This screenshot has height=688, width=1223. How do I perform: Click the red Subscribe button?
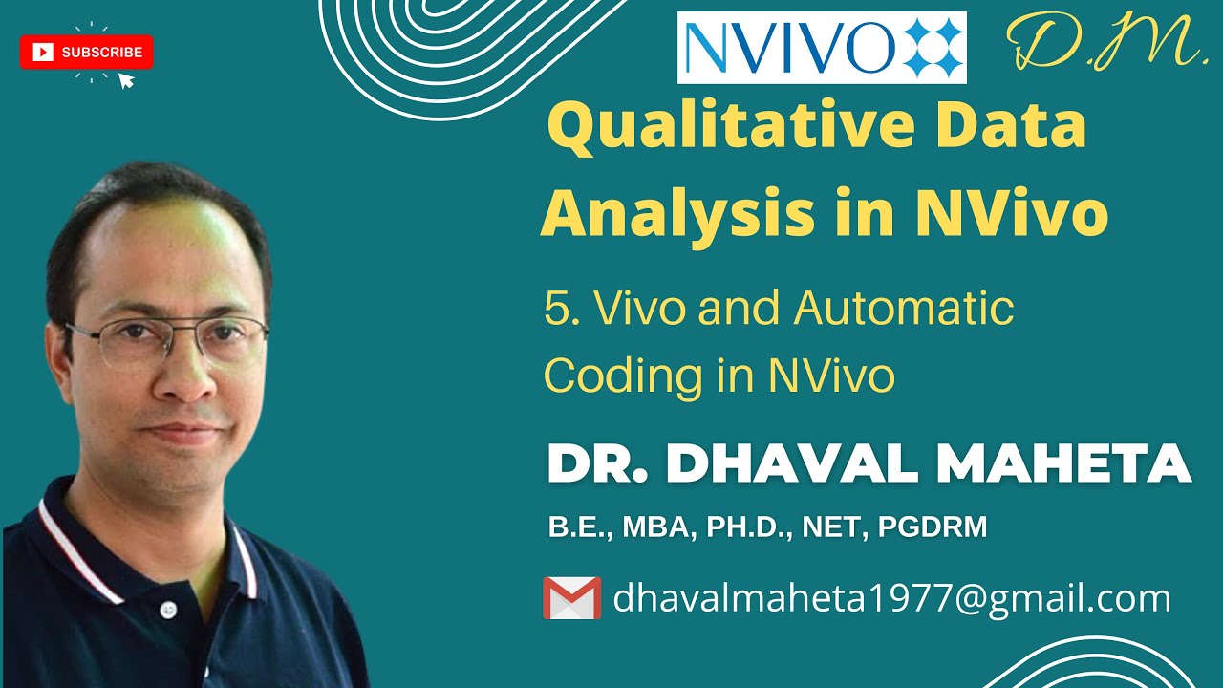[86, 53]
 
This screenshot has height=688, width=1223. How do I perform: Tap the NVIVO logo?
[822, 47]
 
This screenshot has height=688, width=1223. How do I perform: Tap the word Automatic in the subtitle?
[903, 309]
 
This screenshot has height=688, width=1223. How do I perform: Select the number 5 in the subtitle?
[556, 310]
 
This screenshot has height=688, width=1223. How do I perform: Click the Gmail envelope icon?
[571, 598]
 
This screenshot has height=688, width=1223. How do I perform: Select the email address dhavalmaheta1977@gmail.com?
[891, 598]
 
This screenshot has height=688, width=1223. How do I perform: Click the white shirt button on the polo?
[169, 609]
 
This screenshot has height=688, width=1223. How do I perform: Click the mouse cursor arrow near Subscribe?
[125, 80]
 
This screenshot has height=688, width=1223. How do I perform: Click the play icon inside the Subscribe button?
[43, 53]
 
